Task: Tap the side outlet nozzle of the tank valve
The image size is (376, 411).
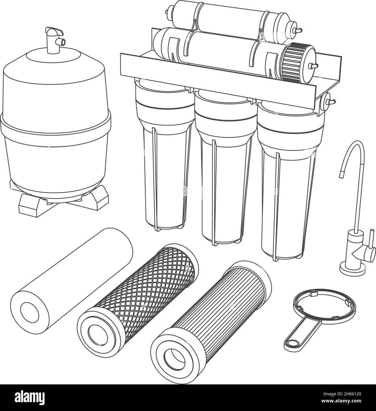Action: pos(61,42)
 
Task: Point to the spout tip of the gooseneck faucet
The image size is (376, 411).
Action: pos(342,175)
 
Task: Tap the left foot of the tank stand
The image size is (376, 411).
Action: pos(30,205)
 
